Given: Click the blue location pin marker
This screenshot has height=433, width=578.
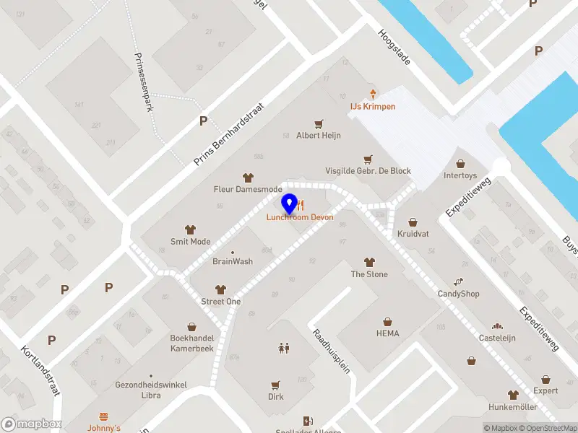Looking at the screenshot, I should point(290,204).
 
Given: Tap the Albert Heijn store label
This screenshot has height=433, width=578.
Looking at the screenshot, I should point(318,135).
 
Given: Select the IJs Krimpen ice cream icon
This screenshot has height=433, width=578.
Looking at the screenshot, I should point(373,94).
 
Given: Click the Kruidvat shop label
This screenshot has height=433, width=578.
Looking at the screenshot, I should point(413,234).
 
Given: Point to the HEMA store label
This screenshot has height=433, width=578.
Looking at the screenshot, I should point(387,333).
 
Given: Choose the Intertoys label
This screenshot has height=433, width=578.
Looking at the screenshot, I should point(460,175).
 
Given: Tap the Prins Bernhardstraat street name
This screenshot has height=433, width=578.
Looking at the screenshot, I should point(230,134).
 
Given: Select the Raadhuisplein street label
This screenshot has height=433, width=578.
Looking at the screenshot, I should point(331,351).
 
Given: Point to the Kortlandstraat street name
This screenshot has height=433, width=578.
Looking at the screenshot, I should point(40,369).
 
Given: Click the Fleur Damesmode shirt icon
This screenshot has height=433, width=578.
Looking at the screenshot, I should point(248,177).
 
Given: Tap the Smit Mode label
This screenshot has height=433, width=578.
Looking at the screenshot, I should point(190,242).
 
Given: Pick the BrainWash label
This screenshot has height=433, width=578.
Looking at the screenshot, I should point(233,261).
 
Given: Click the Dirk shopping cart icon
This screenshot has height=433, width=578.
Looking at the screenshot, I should point(275,385).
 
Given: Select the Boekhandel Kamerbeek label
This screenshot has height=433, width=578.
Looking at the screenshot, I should point(191,343).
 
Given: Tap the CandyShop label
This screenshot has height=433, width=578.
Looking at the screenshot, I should point(458,294).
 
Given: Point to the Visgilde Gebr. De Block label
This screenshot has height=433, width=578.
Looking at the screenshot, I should point(368,171).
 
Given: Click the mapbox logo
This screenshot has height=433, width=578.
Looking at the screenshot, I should point(32,424).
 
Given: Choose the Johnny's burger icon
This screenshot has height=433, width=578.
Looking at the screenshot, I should point(103,416).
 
